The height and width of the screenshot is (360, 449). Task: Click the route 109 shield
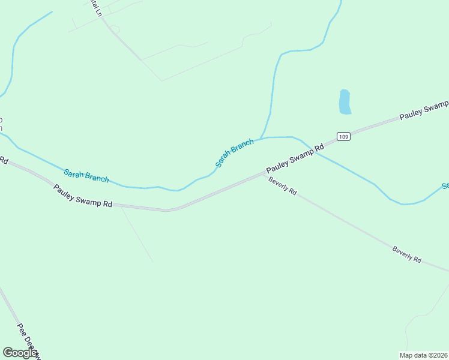click(x=343, y=137)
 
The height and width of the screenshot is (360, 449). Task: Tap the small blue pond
click(x=345, y=102)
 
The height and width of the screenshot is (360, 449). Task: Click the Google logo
click(x=20, y=353)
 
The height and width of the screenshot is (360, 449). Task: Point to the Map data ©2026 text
click(x=423, y=355)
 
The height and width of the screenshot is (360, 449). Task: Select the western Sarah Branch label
click(x=86, y=176)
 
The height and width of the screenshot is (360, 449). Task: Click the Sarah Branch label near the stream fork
click(x=234, y=153)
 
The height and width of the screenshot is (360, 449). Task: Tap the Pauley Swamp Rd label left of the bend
click(x=83, y=196)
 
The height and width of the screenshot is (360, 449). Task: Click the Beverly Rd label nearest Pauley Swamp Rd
click(x=283, y=187)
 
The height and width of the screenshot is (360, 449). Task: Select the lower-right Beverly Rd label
click(x=407, y=254)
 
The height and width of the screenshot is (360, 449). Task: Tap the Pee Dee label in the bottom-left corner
click(x=28, y=341)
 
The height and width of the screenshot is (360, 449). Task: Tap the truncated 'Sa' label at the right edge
click(x=445, y=186)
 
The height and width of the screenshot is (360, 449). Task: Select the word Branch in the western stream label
click(x=97, y=177)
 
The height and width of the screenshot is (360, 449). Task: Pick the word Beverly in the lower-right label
click(x=402, y=252)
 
